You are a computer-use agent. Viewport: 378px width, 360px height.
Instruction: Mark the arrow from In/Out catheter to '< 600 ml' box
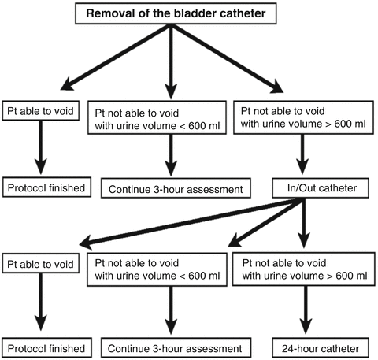click(x=268, y=221)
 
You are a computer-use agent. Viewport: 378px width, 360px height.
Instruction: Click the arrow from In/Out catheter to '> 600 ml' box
click(x=303, y=225)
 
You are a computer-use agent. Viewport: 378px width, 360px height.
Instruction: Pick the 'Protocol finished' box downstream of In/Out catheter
click(x=44, y=347)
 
